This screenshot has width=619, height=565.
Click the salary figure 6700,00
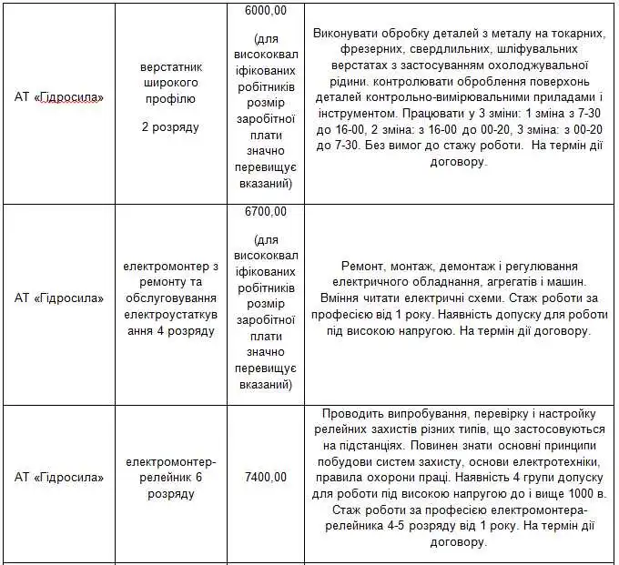(266, 212)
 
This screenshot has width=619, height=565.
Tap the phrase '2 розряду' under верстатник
(170, 127)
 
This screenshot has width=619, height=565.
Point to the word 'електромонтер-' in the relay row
(170, 460)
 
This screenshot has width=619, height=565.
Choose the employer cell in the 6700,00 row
(59, 298)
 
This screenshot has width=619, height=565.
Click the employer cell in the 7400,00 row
(59, 476)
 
